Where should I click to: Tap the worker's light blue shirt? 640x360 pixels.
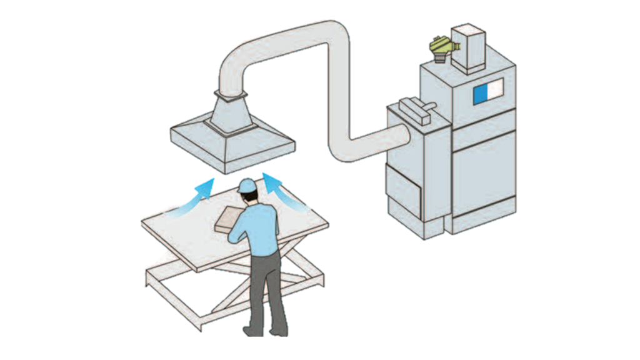(x=259, y=228)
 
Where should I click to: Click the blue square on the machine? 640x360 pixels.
(x=481, y=93)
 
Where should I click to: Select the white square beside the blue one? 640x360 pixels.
(x=496, y=91)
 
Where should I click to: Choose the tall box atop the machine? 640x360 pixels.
(x=468, y=46)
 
